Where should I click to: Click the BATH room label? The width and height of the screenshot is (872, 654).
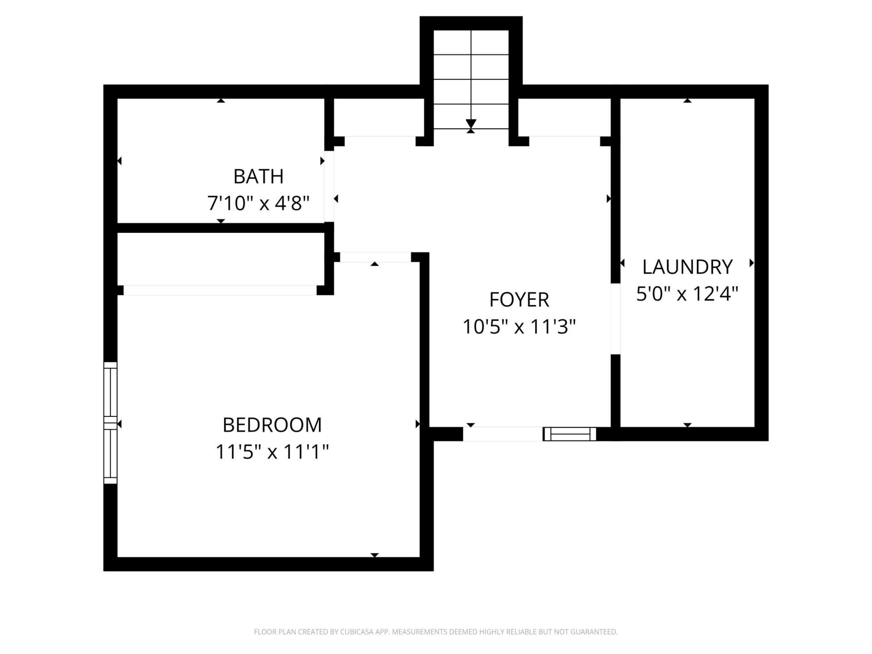pyautogui.click(x=258, y=176)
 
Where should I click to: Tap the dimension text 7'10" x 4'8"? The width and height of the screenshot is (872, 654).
pyautogui.click(x=258, y=203)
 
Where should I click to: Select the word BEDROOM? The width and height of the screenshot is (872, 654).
pyautogui.click(x=272, y=425)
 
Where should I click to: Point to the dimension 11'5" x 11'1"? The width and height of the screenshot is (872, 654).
pyautogui.click(x=272, y=452)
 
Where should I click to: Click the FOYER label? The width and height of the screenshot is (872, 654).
pyautogui.click(x=519, y=300)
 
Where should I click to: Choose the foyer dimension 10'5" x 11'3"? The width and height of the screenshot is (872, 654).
pyautogui.click(x=519, y=327)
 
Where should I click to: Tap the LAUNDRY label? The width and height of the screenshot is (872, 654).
pyautogui.click(x=687, y=267)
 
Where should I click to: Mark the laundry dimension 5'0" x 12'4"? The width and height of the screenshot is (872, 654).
pyautogui.click(x=687, y=294)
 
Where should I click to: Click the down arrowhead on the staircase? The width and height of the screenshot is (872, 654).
pyautogui.click(x=471, y=124)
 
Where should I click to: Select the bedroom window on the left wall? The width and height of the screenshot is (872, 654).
pyautogui.click(x=110, y=422)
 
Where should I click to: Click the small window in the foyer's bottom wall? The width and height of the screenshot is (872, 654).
pyautogui.click(x=570, y=434)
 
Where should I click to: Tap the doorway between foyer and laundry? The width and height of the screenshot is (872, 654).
pyautogui.click(x=615, y=319)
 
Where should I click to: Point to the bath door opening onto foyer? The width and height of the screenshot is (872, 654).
pyautogui.click(x=329, y=187)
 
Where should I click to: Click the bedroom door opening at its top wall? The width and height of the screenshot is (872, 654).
pyautogui.click(x=375, y=257)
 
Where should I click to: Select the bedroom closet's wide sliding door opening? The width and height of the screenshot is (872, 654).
pyautogui.click(x=220, y=290)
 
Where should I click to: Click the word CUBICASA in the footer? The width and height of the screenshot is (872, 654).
pyautogui.click(x=355, y=632)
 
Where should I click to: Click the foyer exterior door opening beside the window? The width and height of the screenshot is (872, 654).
pyautogui.click(x=503, y=434)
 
